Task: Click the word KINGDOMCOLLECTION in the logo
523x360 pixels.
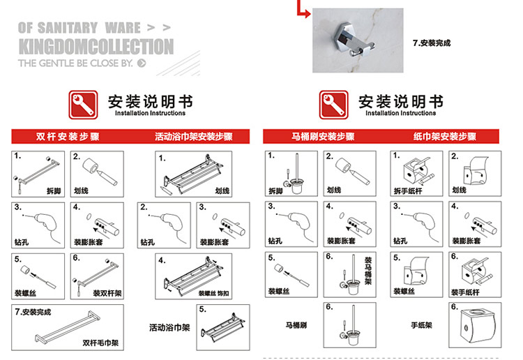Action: [96, 46]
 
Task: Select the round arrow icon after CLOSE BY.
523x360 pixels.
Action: [142, 63]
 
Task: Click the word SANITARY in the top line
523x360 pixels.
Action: [68, 28]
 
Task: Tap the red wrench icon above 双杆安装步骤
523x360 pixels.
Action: [84, 105]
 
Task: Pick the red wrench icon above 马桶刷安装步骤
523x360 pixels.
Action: [333, 105]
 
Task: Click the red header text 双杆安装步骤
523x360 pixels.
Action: [68, 137]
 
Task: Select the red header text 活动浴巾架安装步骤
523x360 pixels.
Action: [193, 137]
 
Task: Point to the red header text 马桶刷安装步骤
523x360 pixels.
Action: [323, 137]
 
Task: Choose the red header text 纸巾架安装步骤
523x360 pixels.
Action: [445, 137]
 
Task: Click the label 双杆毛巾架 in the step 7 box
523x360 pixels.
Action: [100, 343]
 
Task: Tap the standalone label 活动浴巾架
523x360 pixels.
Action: [169, 328]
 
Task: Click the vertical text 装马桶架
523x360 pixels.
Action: [367, 271]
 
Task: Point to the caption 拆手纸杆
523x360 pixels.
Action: [408, 191]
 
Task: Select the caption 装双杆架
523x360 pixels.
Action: [107, 293]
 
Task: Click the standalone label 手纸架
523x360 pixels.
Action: [421, 325]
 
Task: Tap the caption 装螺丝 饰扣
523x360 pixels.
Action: [213, 293]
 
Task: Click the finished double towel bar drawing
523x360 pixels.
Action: [68, 327]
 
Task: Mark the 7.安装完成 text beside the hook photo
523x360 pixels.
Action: [432, 43]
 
